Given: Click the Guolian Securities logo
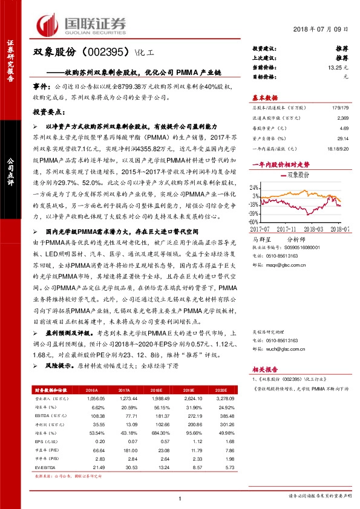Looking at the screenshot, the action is [82, 24].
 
